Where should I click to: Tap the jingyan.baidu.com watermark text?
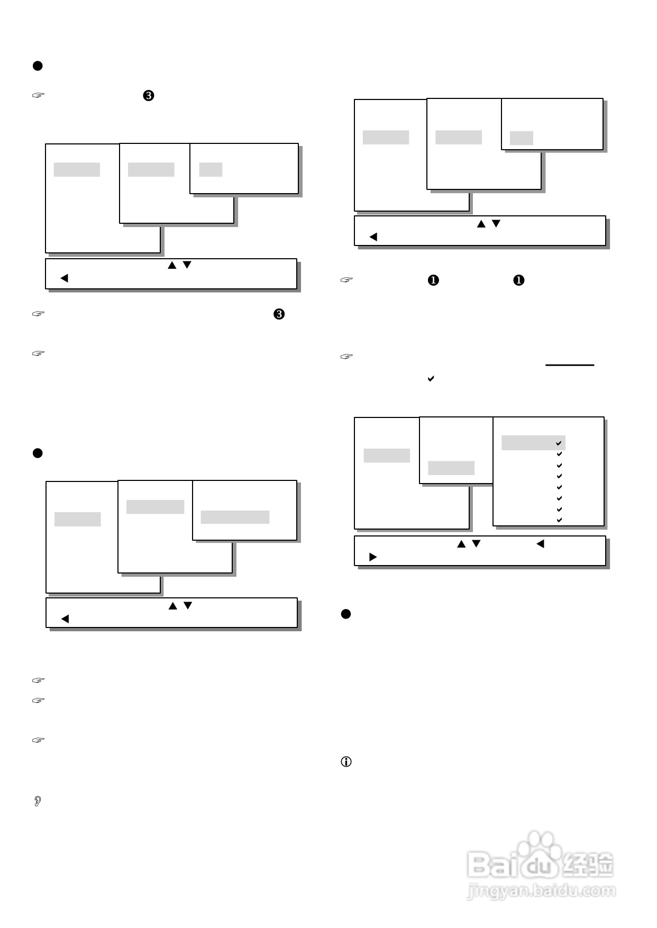[x=541, y=890]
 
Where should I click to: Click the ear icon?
[x=38, y=801]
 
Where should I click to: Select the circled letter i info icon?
[x=346, y=762]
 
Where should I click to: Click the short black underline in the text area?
[x=570, y=365]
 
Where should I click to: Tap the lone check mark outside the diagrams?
[x=431, y=379]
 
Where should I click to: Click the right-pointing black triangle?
[x=373, y=557]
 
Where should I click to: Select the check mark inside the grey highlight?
[x=559, y=443]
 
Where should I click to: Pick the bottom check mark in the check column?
[x=559, y=520]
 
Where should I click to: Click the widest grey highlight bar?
[x=235, y=517]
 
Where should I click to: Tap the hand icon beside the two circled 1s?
[x=346, y=280]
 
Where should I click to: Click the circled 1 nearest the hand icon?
[x=433, y=280]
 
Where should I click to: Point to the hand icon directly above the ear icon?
[x=38, y=740]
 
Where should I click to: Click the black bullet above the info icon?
[x=346, y=614]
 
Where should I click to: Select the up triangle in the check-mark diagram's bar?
[x=461, y=544]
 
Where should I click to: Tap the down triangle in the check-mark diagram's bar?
[x=476, y=544]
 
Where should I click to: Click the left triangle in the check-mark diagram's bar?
[x=540, y=544]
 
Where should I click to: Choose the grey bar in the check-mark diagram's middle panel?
[x=451, y=468]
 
